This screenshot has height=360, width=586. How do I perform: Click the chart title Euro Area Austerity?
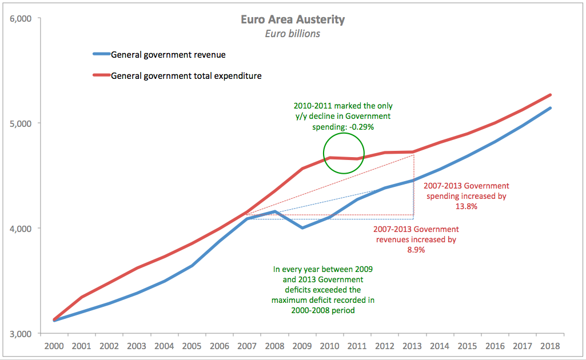(x=293, y=20)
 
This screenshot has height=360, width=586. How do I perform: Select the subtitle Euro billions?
(x=293, y=34)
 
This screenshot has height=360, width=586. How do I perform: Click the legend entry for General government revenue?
(x=168, y=55)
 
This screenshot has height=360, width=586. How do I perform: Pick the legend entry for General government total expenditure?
(x=186, y=75)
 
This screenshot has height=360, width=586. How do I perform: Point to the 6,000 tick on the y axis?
(x=22, y=18)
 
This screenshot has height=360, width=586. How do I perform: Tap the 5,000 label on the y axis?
(x=22, y=123)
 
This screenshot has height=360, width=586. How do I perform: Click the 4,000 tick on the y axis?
(x=22, y=229)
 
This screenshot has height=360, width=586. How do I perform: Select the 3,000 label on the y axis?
(x=22, y=334)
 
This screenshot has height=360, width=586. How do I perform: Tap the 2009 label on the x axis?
(x=302, y=346)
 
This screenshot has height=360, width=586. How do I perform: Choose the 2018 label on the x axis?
(x=550, y=346)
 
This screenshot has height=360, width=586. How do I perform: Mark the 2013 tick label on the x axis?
(x=413, y=346)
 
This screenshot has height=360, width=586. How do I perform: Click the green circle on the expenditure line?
(x=344, y=153)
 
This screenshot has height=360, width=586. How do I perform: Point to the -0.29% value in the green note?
(x=360, y=127)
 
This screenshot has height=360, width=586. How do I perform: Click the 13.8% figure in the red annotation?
(x=466, y=207)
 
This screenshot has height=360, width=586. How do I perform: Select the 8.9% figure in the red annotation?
(x=416, y=250)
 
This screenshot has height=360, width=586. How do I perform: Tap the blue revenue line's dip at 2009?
(x=302, y=227)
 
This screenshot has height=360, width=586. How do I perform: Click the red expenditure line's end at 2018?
(x=550, y=95)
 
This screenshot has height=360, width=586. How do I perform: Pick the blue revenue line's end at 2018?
(x=550, y=108)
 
